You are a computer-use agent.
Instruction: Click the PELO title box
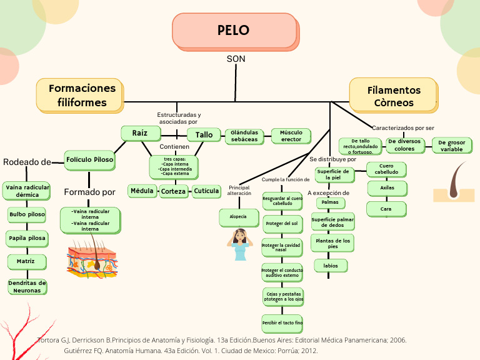point(234,31)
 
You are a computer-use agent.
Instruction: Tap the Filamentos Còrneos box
point(393,95)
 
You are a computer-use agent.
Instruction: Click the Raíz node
point(139,132)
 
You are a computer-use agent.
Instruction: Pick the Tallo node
point(204,135)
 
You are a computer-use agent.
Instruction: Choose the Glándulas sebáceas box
point(244,136)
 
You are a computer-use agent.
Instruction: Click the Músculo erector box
point(291,136)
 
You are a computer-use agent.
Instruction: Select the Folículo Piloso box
point(90,160)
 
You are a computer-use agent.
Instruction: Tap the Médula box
point(142,191)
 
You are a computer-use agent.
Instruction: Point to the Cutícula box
point(206,191)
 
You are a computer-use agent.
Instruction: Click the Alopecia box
point(238,217)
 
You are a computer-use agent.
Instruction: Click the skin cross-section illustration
point(92,260)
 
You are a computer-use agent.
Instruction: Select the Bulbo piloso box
point(27,214)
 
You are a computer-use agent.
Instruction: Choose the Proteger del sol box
point(282,223)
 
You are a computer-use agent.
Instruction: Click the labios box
point(331,266)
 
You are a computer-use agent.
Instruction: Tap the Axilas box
point(386,187)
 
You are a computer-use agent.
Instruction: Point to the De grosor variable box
point(451,146)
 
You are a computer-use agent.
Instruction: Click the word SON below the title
point(236,59)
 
